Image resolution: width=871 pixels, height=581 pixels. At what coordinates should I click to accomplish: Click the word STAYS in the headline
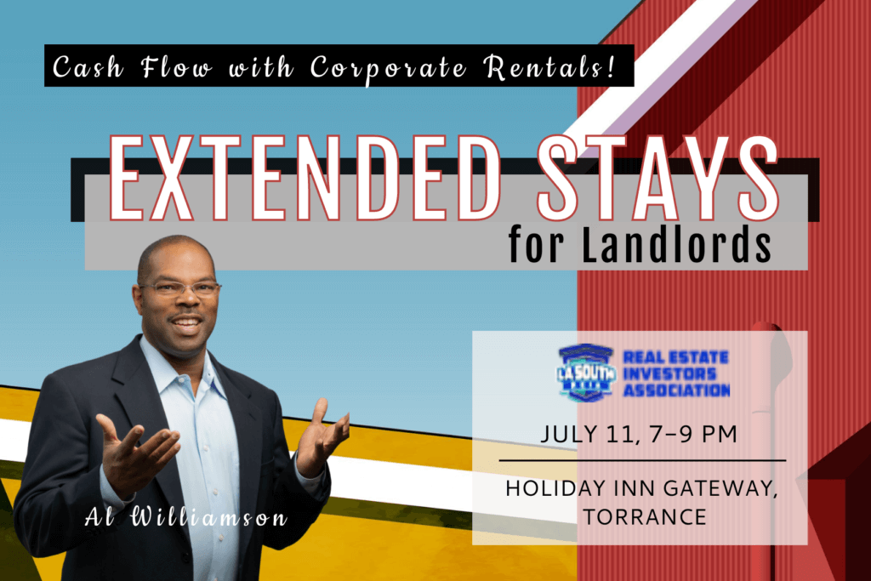coord(658,178)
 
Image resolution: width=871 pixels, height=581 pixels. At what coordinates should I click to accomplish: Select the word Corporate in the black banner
coord(388,68)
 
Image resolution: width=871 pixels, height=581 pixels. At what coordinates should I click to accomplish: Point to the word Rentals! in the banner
coord(549,66)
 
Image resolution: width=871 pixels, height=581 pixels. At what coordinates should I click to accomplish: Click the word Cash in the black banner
coord(88,67)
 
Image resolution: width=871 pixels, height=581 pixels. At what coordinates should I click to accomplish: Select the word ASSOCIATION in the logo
coord(676,390)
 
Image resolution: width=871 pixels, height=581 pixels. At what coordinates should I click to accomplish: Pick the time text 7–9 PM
coord(692,435)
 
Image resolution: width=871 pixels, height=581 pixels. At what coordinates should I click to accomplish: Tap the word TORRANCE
coord(645,517)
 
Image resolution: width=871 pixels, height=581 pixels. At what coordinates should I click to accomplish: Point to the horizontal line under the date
coord(643,460)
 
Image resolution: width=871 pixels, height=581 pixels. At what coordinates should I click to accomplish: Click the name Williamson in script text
coord(209,517)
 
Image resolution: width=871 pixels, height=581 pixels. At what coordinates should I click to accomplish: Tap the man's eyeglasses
coord(180,288)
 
